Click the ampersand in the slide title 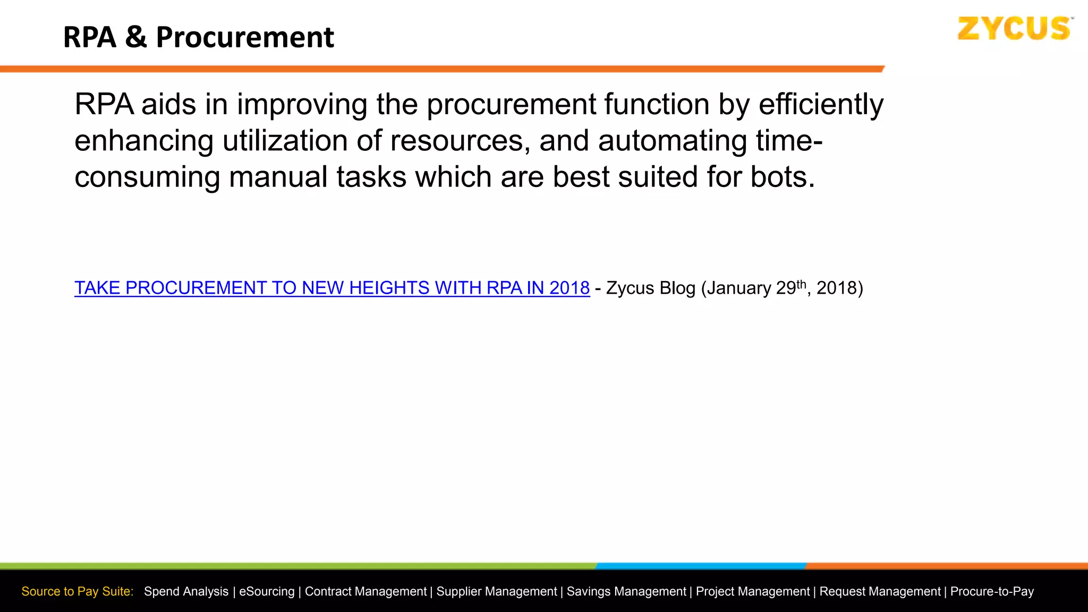pos(136,37)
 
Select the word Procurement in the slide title pos(245,37)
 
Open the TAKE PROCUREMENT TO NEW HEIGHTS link pos(332,288)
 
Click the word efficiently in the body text pos(821,104)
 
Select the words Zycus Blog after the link pos(651,288)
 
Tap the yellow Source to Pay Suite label pos(78,591)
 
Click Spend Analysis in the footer pos(186,591)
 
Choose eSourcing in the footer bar pos(267,591)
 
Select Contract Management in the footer pos(365,591)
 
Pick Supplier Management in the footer pos(497,591)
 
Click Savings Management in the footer pos(626,591)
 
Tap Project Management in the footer pos(753,591)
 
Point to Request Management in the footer pos(880,591)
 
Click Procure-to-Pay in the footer pos(992,591)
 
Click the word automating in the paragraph pos(673,141)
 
